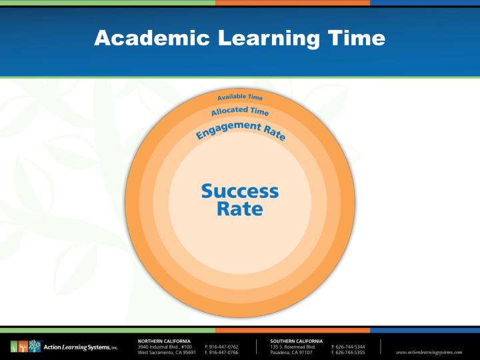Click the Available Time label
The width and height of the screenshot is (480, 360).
coord(240,97)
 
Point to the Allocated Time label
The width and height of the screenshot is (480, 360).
coord(240,111)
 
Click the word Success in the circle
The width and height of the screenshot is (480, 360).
coord(240,191)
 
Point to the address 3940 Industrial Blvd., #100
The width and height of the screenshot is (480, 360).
coord(164,347)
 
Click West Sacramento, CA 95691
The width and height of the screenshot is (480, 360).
coord(165,353)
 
